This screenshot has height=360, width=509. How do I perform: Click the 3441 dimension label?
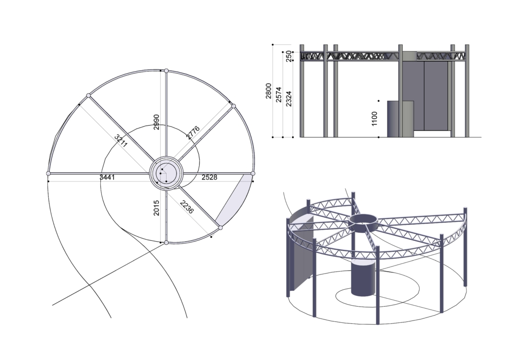[107, 178]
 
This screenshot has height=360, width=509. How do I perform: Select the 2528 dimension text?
[210, 178]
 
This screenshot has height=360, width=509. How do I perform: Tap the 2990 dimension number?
[157, 122]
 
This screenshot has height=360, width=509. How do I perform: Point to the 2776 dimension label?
[193, 133]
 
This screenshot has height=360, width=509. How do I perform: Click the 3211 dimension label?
[121, 141]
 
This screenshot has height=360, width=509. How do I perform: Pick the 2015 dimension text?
[157, 208]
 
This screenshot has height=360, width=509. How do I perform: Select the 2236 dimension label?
[187, 207]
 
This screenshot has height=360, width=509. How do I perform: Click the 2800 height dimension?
[268, 91]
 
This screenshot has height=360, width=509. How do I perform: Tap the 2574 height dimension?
[279, 94]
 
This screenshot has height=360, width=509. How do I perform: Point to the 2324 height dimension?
[289, 99]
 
